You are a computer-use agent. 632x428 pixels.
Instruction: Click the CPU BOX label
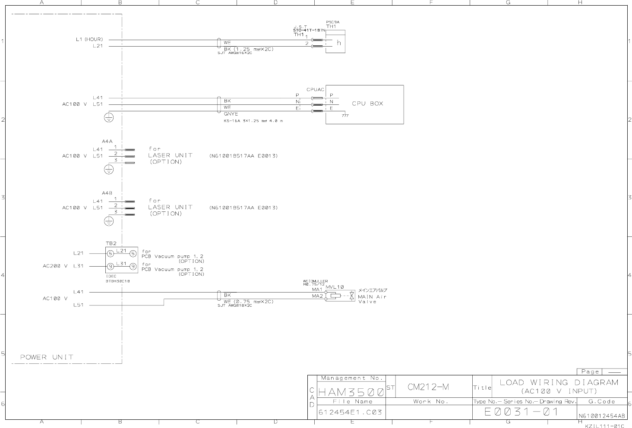(367, 104)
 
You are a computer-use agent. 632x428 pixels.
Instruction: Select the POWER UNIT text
(47, 357)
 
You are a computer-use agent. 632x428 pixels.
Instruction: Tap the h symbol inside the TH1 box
(339, 43)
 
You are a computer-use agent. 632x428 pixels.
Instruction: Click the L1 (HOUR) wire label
(89, 40)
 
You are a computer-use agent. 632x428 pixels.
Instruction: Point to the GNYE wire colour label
(231, 114)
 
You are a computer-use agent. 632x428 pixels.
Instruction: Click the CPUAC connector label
(315, 90)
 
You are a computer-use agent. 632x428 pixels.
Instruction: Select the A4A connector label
(107, 142)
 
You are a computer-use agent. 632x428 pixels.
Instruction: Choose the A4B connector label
(107, 193)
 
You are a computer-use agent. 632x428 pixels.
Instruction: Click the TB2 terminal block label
(111, 244)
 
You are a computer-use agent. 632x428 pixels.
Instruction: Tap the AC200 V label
(55, 266)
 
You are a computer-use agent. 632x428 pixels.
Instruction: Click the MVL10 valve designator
(335, 287)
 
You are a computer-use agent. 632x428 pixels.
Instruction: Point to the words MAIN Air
(372, 297)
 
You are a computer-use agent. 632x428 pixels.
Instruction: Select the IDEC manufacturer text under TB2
(111, 276)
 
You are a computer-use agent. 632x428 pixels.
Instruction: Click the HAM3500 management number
(351, 393)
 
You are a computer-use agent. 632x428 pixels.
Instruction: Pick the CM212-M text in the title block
(428, 387)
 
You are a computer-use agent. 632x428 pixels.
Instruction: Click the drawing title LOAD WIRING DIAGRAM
(559, 382)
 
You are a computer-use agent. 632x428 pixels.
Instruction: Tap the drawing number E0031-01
(521, 412)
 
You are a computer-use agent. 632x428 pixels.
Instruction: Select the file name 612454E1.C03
(350, 412)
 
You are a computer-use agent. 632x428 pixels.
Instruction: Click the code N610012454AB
(601, 416)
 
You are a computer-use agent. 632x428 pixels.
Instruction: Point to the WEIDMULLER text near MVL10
(315, 281)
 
